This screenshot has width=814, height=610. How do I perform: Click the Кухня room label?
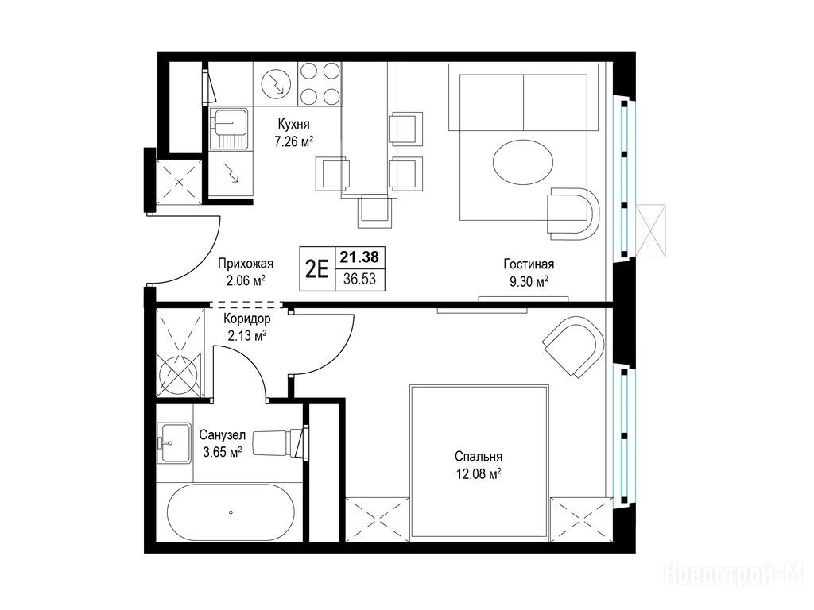click(x=294, y=125)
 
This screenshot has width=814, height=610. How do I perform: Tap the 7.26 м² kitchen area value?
click(x=294, y=141)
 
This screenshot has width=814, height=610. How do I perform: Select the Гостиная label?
click(x=529, y=264)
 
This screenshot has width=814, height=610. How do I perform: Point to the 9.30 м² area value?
click(x=529, y=282)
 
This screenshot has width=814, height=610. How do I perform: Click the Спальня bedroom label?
click(x=478, y=457)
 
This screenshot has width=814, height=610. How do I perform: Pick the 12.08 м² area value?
click(x=478, y=474)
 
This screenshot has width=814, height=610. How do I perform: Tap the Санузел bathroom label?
click(x=223, y=435)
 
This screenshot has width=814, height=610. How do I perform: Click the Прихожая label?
click(x=246, y=264)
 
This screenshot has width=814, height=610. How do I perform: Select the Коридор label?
click(x=247, y=319)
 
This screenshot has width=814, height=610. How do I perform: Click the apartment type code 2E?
click(x=316, y=269)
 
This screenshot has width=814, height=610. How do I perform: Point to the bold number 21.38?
click(x=359, y=257)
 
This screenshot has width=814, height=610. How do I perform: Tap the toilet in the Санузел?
click(x=279, y=443)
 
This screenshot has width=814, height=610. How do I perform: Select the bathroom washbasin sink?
click(x=174, y=442)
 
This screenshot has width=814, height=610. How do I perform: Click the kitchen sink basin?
click(x=229, y=129)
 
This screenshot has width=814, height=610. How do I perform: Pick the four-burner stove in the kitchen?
click(x=319, y=83)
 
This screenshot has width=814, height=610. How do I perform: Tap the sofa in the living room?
click(x=523, y=102)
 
